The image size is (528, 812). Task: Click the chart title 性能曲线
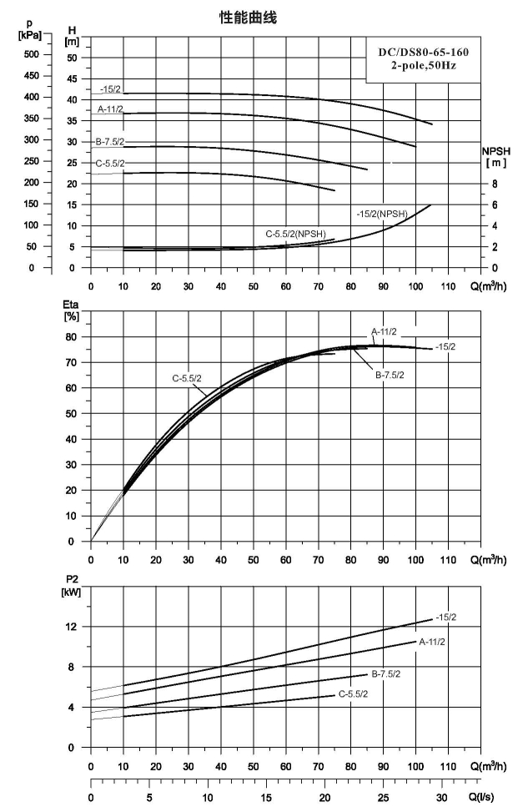pyautogui.click(x=248, y=18)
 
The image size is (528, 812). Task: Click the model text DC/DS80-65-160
pyautogui.click(x=424, y=52)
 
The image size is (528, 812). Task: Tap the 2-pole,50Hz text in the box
pyautogui.click(x=424, y=66)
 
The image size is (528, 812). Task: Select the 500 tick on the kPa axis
pyautogui.click(x=31, y=54)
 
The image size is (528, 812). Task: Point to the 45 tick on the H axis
pyautogui.click(x=72, y=78)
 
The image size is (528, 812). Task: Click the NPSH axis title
pyautogui.click(x=496, y=151)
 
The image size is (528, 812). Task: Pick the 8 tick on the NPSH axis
pyautogui.click(x=495, y=184)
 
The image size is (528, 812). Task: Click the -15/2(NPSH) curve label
pyautogui.click(x=382, y=214)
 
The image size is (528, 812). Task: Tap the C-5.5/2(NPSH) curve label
pyautogui.click(x=295, y=234)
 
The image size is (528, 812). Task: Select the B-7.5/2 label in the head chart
pyautogui.click(x=110, y=142)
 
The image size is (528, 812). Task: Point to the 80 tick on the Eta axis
pyautogui.click(x=71, y=337)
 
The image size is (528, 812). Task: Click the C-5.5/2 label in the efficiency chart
pyautogui.click(x=187, y=379)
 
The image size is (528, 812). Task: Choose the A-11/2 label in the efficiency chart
pyautogui.click(x=384, y=332)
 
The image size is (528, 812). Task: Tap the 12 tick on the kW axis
pyautogui.click(x=71, y=627)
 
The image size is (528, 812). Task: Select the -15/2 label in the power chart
pyautogui.click(x=445, y=618)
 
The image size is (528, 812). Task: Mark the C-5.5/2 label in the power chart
pyautogui.click(x=353, y=694)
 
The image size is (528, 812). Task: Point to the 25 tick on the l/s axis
pyautogui.click(x=383, y=798)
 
